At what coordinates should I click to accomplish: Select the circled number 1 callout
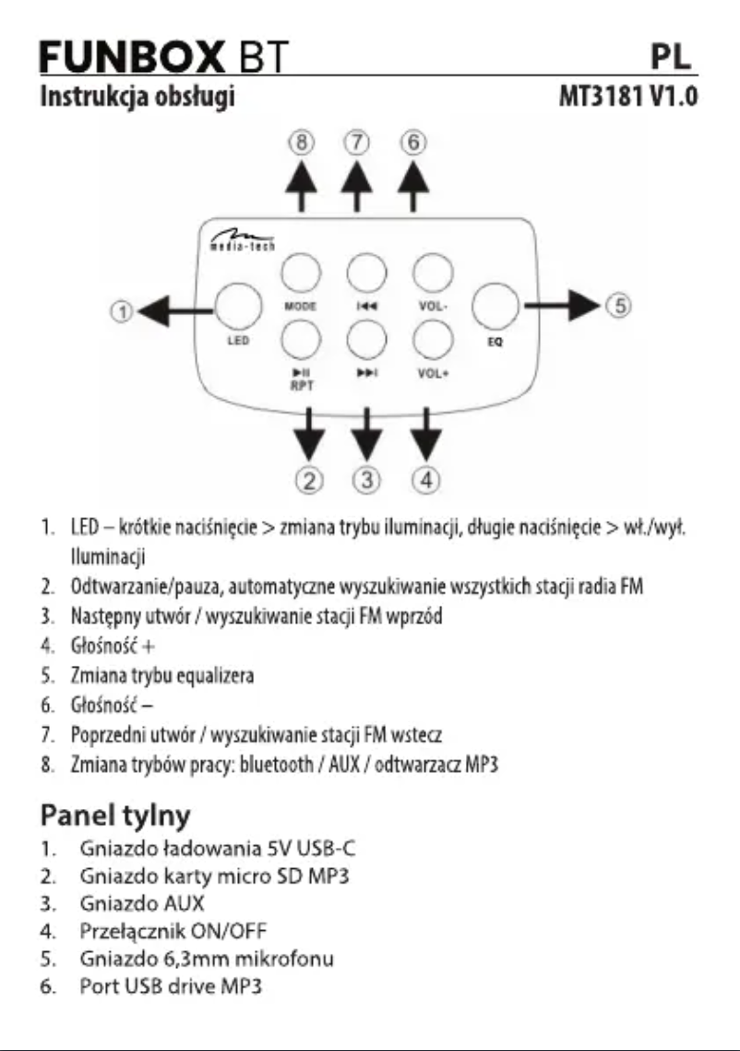[x=120, y=313]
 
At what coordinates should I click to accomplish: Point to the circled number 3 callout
[x=367, y=479]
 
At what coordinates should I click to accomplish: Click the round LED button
[x=238, y=306]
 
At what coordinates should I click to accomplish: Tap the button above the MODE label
[x=301, y=272]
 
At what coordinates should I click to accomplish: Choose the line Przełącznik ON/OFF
[x=171, y=938]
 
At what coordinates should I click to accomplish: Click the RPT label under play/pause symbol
[x=302, y=390]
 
